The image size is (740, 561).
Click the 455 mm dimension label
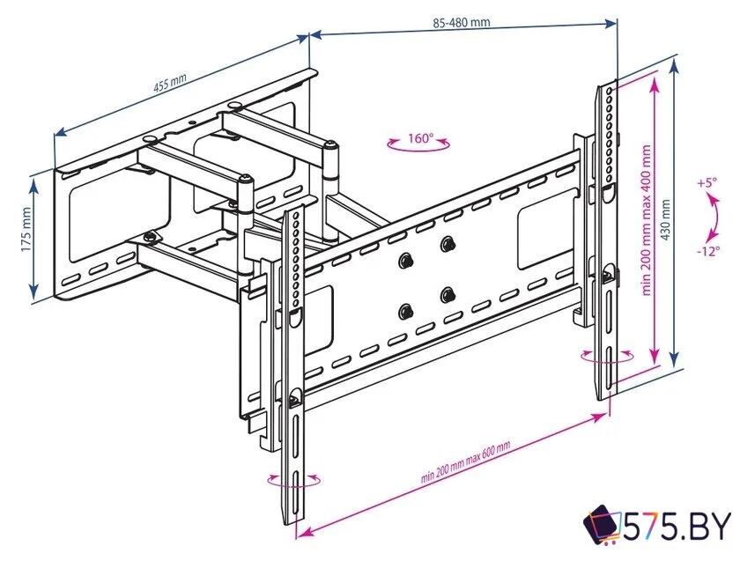coord(171,85)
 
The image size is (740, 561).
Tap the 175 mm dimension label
coord(26,231)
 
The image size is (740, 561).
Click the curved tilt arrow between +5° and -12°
coord(708,217)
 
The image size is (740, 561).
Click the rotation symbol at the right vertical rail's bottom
coord(607,357)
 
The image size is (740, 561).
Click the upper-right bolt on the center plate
coord(448,243)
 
